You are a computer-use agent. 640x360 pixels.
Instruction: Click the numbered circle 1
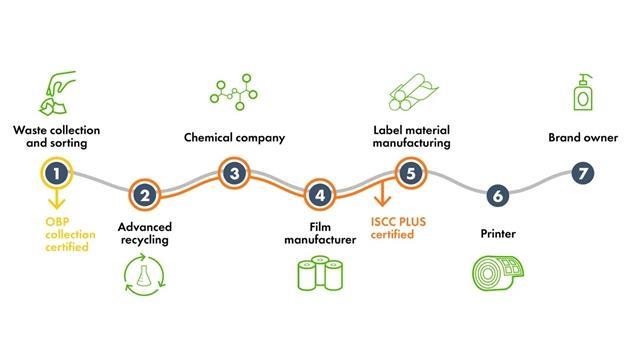(x=58, y=173)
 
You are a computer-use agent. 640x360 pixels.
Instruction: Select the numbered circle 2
(x=146, y=195)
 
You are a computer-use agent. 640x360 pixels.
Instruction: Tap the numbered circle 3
(x=233, y=173)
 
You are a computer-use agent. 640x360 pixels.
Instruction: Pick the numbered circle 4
(x=320, y=195)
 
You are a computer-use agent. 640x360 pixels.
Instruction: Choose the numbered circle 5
(x=409, y=173)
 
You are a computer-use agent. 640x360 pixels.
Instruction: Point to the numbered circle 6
(x=497, y=195)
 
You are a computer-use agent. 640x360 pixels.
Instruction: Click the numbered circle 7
(x=584, y=173)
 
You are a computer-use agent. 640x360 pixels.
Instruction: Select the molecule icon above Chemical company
(x=234, y=90)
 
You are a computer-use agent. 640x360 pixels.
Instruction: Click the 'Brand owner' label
(x=584, y=137)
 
